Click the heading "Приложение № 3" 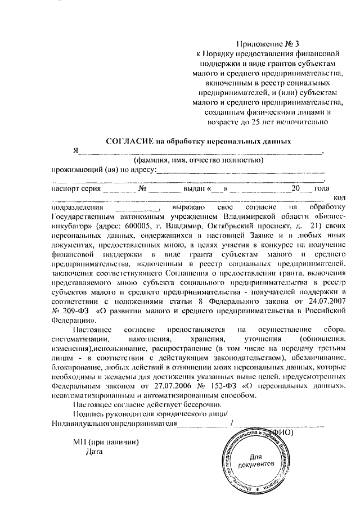[267, 44]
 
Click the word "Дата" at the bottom [94, 451]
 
